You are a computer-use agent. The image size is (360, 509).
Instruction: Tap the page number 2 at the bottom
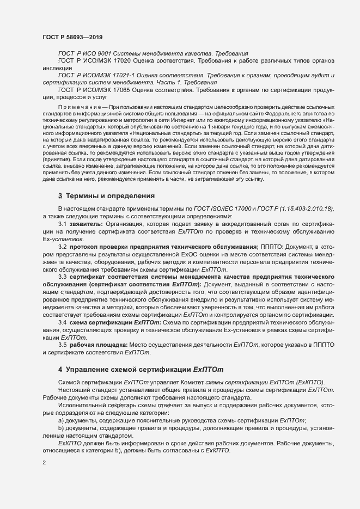[44, 463]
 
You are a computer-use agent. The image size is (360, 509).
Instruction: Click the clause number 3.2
[63, 247]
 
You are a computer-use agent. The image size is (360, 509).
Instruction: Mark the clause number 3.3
[63, 277]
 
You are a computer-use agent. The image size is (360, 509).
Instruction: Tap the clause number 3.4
[63, 323]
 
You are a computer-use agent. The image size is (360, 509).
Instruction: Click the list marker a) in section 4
[61, 421]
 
